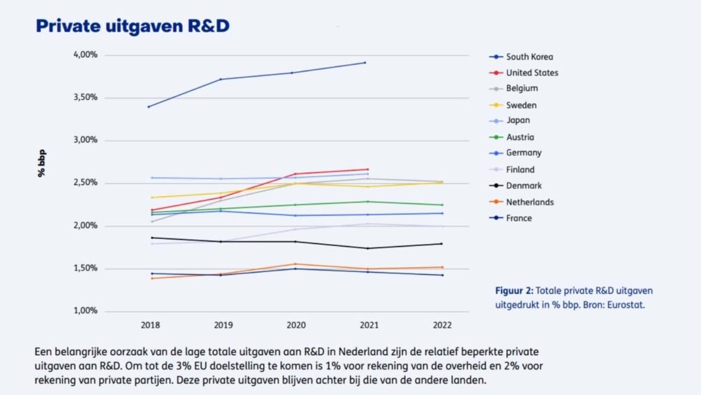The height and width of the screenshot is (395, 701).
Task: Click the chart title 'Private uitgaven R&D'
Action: (133, 26)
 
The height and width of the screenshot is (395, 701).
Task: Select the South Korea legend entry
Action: (529, 57)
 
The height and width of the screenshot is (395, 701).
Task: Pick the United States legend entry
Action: (532, 73)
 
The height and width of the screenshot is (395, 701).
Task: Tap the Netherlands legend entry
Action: (530, 202)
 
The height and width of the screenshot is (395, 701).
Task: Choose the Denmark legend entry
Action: (524, 186)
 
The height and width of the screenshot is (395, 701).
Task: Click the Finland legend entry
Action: (520, 169)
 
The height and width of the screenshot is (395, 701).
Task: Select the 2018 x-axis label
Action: (151, 325)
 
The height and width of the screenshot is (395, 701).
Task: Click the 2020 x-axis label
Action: (295, 325)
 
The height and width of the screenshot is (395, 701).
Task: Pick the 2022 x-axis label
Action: (441, 325)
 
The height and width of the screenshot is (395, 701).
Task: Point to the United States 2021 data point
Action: (368, 169)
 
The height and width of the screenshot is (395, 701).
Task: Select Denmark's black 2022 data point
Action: (441, 243)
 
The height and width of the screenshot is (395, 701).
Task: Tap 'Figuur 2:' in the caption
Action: (515, 290)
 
